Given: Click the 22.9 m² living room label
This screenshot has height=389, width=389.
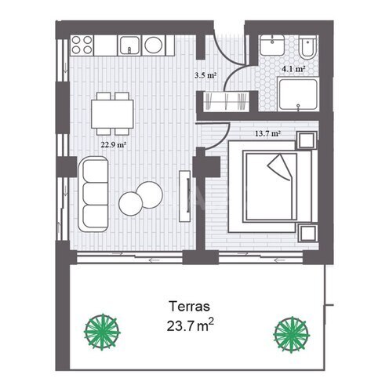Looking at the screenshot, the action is pos(114,144).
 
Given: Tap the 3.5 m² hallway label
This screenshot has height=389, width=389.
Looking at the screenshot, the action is pos(205,75).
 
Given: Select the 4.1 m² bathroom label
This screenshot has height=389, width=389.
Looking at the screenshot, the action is pos(293,69).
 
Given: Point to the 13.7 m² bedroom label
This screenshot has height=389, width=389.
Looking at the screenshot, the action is pos(267,134).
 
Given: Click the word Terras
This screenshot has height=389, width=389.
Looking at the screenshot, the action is pos(189,306).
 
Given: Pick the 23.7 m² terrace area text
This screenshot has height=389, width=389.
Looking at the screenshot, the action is pos(191,325).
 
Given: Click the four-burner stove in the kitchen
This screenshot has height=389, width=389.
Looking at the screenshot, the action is pos(82,45).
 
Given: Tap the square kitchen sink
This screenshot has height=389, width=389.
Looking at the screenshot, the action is pos(129,45).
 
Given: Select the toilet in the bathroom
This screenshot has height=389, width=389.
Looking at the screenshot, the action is pos(308,47).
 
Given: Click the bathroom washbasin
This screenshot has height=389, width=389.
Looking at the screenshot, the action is pos(272,45).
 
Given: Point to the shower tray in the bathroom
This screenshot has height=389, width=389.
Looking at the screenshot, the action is pos(298,95).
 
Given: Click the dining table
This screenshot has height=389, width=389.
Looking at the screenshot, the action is pos(112,114).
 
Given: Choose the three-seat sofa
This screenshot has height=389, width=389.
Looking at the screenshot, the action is pos(93,194).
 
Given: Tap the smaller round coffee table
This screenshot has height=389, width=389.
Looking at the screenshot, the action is pos(130,204).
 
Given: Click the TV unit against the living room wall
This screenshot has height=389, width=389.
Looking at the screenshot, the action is pos(184,196).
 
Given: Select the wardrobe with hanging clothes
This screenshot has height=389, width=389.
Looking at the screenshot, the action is pos(227,101).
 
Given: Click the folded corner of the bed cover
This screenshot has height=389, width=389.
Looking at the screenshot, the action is pos(279,167).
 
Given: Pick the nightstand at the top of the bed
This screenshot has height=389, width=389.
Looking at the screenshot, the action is pos(307,140).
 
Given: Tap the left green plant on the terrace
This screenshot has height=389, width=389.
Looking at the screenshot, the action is pos(102,332).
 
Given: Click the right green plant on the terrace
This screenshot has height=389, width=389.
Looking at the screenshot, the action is pos(291,335).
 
